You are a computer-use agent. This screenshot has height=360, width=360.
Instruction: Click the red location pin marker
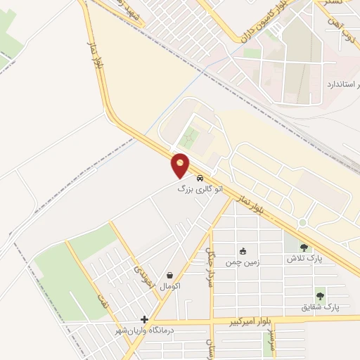click(181, 166)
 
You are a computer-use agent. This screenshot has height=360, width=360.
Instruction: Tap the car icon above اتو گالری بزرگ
click(202, 177)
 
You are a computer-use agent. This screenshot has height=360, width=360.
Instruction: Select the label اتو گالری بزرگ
click(200, 189)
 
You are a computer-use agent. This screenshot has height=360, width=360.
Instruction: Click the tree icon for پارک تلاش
click(304, 247)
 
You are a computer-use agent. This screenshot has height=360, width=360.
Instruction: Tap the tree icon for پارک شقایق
click(320, 296)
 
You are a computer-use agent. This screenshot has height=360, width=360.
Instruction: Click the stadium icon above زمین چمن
click(243, 251)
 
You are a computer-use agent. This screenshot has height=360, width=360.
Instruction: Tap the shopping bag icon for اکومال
click(170, 275)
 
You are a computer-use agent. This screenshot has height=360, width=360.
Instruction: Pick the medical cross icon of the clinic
click(145, 319)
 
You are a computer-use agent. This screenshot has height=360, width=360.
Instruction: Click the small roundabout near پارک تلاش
click(302, 223)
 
